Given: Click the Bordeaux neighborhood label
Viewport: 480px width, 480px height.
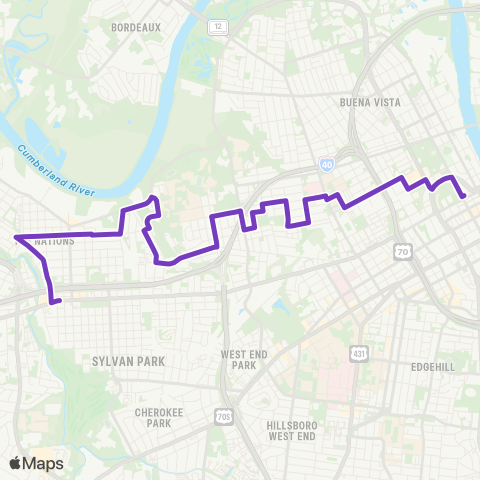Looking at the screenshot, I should (137, 27).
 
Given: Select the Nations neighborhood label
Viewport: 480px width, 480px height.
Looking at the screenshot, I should (55, 241).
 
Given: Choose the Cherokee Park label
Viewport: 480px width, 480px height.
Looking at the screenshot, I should (155, 417).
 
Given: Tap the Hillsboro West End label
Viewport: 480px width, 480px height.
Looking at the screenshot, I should (292, 430).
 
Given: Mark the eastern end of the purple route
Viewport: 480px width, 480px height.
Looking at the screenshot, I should (464, 197).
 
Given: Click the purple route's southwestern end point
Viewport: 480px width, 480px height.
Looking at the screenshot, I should (60, 300).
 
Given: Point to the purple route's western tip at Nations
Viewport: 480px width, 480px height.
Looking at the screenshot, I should (16, 238).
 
